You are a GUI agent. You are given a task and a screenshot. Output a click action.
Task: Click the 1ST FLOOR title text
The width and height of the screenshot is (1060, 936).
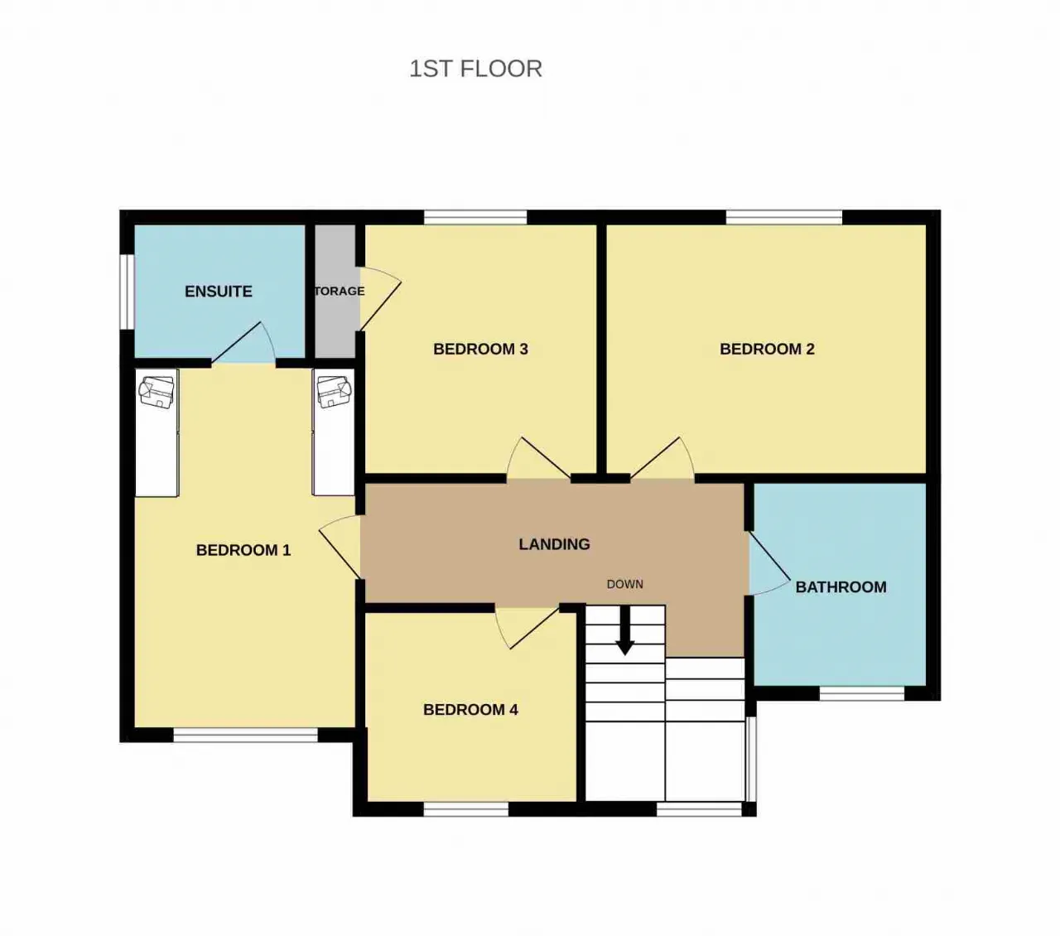475,69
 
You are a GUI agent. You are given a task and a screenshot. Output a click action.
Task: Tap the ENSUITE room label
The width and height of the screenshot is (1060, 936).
218,291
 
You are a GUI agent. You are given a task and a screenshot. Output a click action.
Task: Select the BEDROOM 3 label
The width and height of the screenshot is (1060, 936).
480,349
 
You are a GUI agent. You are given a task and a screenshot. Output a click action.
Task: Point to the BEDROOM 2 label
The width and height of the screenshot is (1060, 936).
767,349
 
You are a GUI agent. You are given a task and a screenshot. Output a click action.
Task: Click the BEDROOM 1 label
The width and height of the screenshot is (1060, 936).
243,550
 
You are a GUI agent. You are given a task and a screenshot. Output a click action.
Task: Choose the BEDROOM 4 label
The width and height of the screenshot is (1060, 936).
470,709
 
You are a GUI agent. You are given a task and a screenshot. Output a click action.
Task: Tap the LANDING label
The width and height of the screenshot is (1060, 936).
554,544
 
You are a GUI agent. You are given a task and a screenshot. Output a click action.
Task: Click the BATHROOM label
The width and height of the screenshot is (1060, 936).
841,586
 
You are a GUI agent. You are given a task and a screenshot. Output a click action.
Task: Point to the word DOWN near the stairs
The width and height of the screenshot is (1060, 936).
624,584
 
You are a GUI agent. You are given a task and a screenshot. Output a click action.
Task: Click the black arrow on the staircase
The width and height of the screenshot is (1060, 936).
624,631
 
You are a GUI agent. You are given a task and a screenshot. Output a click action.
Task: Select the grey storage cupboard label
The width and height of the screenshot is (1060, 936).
339,291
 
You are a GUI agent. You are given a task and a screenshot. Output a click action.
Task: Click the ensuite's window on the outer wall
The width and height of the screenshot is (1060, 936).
128,292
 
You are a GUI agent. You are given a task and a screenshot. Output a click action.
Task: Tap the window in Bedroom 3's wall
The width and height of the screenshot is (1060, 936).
475,217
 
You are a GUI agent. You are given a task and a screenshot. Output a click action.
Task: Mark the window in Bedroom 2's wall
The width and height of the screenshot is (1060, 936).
783,217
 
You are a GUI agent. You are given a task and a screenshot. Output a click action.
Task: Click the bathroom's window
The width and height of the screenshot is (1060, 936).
862,693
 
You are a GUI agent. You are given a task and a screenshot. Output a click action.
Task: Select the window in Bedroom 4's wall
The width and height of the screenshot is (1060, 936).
465,808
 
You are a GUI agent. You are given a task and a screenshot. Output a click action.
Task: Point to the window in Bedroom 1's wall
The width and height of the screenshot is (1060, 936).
245,735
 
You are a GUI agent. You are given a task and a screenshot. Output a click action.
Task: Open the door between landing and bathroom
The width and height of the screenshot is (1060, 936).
770,563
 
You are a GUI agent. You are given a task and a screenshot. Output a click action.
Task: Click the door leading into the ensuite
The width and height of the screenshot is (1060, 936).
243,342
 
